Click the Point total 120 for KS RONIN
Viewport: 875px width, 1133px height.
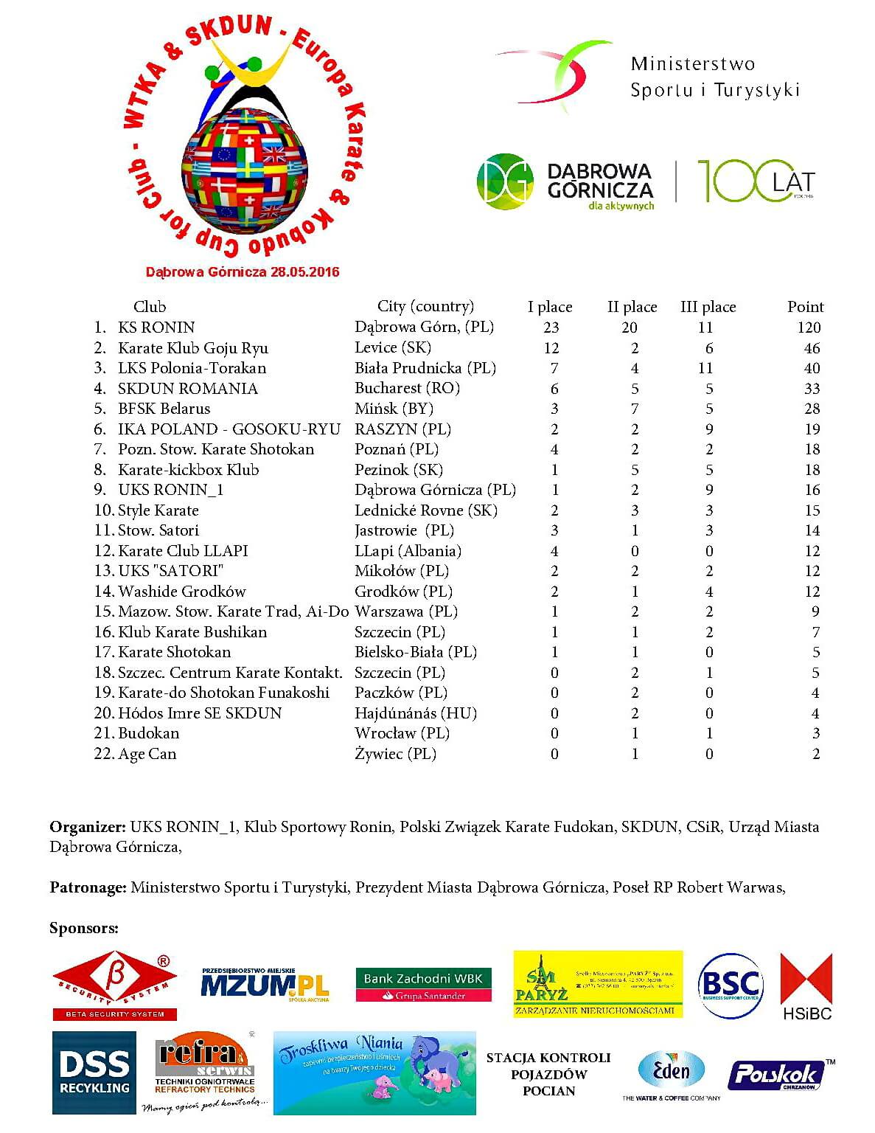pos(809,328)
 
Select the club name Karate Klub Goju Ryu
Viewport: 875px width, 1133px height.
pos(192,348)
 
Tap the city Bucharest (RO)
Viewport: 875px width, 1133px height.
pos(407,388)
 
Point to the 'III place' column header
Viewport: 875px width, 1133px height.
pos(708,307)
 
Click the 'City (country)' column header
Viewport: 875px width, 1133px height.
pos(425,306)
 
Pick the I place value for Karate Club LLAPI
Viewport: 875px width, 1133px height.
pos(554,551)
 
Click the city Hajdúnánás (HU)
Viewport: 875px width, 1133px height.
pos(416,713)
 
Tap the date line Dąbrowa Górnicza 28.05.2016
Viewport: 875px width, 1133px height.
pos(243,272)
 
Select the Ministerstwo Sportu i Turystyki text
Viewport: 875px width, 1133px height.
pos(714,77)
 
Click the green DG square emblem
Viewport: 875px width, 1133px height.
pos(505,181)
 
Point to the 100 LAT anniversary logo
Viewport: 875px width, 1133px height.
pos(755,181)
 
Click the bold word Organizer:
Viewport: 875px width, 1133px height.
pos(88,827)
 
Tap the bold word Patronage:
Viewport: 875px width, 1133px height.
pos(88,887)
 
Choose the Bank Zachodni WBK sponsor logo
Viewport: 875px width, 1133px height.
pos(423,985)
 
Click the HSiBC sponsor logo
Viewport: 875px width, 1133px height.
pos(806,986)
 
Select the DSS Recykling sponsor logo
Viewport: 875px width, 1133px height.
pos(94,1072)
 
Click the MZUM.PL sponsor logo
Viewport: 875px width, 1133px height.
pos(264,984)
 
